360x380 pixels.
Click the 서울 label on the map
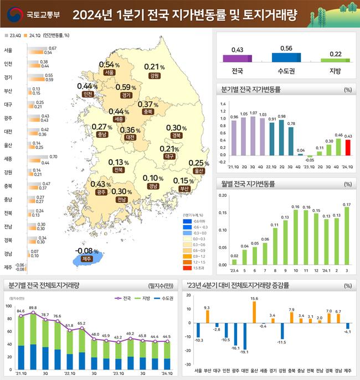[109, 72]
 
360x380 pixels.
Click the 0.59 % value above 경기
[126, 87]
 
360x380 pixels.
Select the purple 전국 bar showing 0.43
[237, 58]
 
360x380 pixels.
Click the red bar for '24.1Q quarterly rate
[348, 148]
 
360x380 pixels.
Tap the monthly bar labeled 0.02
[234, 262]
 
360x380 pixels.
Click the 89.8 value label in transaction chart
[33, 308]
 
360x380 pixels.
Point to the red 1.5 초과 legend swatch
[187, 268]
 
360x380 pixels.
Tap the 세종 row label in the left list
[8, 159]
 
